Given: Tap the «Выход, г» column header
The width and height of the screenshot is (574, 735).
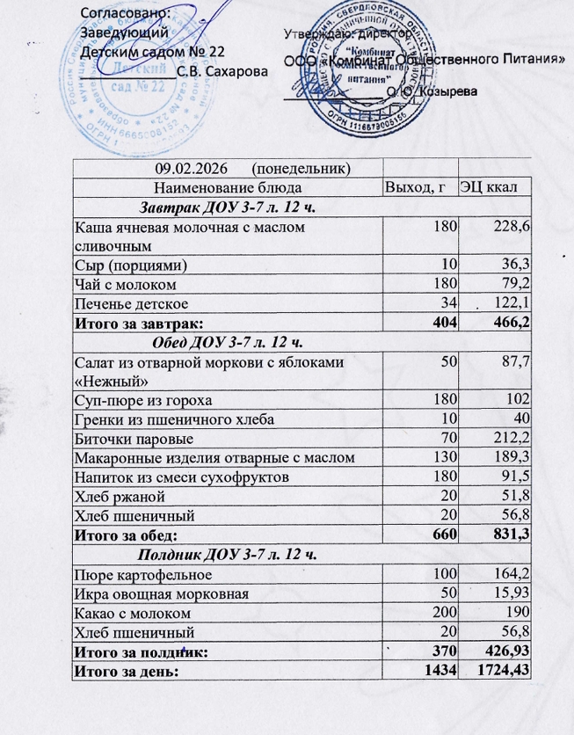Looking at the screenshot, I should pyautogui.click(x=421, y=188).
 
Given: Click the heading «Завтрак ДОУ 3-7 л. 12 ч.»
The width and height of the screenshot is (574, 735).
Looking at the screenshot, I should pyautogui.click(x=228, y=207).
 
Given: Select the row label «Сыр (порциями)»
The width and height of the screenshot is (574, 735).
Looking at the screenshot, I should pyautogui.click(x=132, y=265).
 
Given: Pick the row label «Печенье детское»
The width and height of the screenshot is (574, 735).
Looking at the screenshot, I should pyautogui.click(x=129, y=303).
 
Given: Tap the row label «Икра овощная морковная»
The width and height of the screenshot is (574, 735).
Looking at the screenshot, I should pyautogui.click(x=160, y=594).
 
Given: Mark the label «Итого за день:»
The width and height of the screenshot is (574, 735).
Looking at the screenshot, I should pyautogui.click(x=127, y=673).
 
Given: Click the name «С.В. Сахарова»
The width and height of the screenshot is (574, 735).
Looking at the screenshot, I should pyautogui.click(x=220, y=70).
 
